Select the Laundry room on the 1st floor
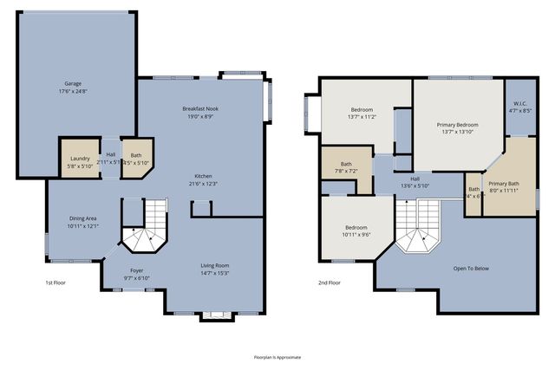(x=80, y=159)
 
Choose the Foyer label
(x=137, y=269)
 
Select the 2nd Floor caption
(x=330, y=283)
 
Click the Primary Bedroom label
(x=457, y=125)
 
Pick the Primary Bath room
(x=503, y=184)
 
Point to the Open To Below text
(x=471, y=269)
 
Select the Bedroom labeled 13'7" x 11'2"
(x=361, y=110)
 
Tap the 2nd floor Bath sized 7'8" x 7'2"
(x=346, y=164)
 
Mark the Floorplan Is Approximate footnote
(x=277, y=356)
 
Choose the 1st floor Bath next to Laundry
(x=135, y=159)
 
